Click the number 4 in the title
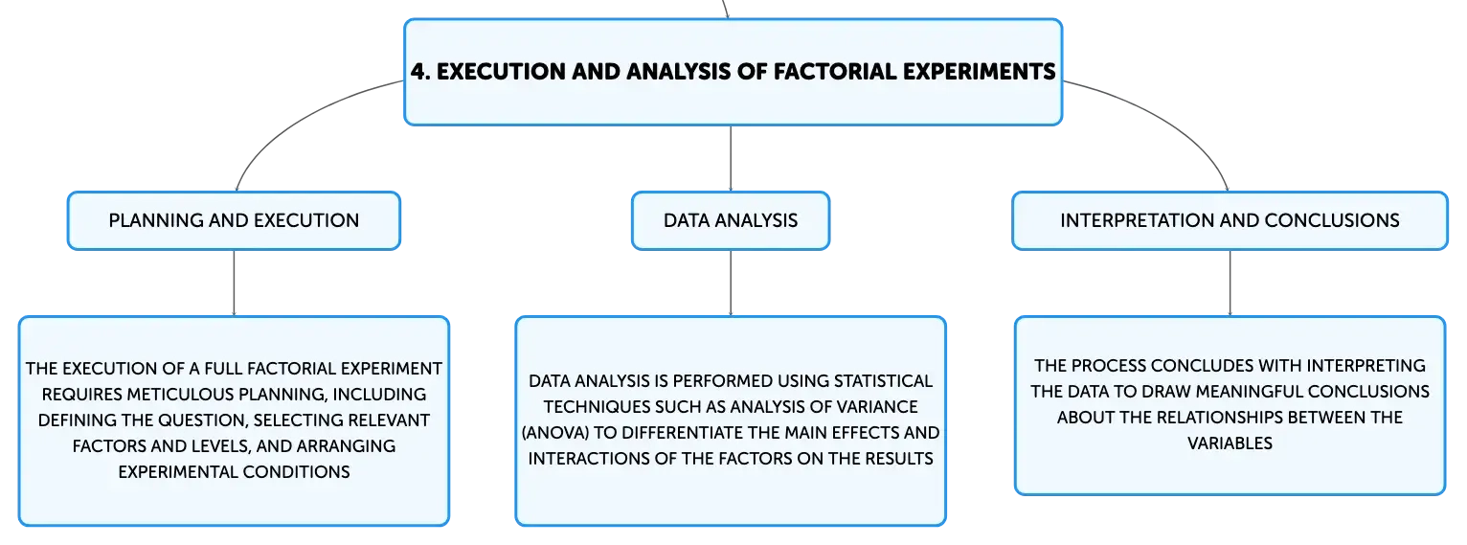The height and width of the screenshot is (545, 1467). pos(418,72)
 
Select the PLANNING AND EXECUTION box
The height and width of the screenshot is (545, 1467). pos(234,220)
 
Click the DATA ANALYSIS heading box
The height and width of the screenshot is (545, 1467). pos(731,220)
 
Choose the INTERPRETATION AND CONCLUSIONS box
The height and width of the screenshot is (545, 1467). pos(1230,220)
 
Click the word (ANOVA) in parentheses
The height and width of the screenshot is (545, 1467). pos(555,433)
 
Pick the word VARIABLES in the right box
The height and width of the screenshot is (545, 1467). pos(1230,443)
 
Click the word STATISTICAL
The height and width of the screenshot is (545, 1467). pos(884,381)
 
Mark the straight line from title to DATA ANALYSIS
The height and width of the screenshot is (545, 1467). pos(731,159)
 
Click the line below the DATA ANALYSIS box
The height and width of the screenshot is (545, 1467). pos(731,283)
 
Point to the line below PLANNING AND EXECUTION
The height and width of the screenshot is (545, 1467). pos(234,283)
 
